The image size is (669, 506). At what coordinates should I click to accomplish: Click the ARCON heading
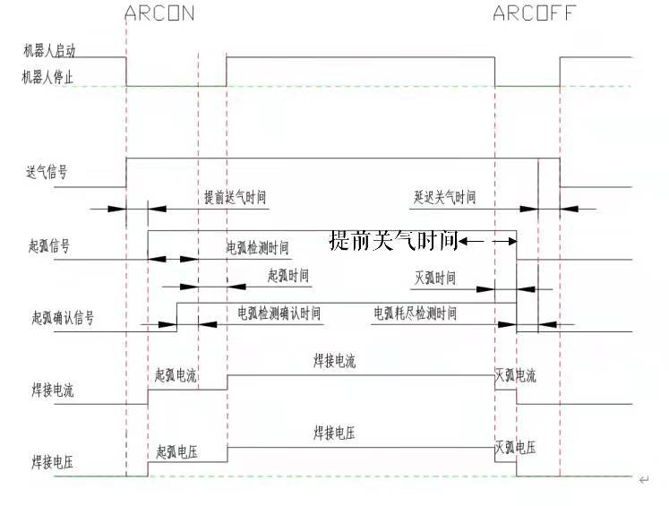(x=159, y=13)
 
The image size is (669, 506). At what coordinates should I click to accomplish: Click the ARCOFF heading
(x=534, y=13)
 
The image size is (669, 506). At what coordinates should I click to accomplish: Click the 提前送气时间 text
(x=235, y=197)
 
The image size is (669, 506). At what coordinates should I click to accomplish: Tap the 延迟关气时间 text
(x=444, y=197)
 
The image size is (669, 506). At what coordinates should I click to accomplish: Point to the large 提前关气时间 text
(x=394, y=241)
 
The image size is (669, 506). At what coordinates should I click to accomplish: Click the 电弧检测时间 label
(x=257, y=248)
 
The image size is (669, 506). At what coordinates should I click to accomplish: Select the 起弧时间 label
(x=287, y=275)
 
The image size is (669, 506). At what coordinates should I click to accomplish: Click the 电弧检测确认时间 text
(x=279, y=314)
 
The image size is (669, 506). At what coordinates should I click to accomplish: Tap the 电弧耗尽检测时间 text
(x=415, y=314)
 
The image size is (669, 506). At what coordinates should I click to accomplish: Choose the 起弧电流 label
(x=176, y=375)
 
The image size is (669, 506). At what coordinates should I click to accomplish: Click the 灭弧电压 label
(x=516, y=447)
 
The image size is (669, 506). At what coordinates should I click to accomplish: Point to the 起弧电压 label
(x=176, y=451)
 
